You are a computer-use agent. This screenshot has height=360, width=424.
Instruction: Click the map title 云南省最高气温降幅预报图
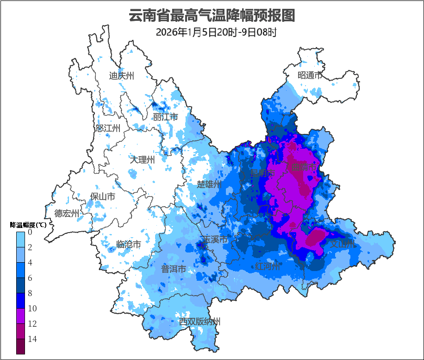click(212, 16)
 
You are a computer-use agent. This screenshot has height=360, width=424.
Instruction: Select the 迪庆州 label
click(122, 76)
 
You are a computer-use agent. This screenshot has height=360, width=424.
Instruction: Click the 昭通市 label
click(310, 76)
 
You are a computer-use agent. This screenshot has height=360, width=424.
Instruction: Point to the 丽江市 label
click(166, 117)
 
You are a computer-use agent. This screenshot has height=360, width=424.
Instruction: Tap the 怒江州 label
click(108, 128)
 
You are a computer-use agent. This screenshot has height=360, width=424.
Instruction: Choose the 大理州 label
click(142, 160)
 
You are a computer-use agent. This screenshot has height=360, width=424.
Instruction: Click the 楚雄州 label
click(209, 184)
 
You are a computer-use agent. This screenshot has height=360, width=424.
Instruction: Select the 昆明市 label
click(263, 173)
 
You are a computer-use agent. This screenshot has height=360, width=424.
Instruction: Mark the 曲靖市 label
click(304, 167)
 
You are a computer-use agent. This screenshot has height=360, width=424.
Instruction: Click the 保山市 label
click(103, 196)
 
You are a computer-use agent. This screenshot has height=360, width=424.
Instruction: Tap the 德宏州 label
click(67, 213)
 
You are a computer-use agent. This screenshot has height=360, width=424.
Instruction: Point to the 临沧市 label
click(128, 244)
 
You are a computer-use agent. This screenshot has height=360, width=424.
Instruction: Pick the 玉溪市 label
click(215, 240)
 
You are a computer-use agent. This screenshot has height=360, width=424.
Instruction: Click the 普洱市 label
click(174, 269)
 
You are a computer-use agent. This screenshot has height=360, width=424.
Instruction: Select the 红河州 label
click(268, 266)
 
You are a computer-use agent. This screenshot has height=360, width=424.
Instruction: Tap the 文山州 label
click(342, 244)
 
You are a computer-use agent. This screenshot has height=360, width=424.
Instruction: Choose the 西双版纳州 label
click(200, 322)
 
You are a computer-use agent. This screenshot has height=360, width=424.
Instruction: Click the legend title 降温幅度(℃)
click(28, 225)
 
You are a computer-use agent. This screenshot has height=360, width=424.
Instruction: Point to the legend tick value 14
click(32, 339)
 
